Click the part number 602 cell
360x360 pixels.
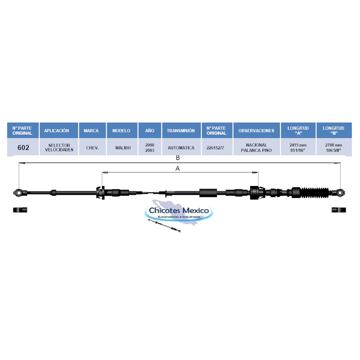pos(23,147)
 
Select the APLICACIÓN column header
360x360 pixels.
pos(57,130)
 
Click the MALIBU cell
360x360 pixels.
pos(123,148)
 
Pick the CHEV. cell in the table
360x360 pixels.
pos(92,148)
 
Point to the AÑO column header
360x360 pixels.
pos(150,130)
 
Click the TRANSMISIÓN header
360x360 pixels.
pos(181,130)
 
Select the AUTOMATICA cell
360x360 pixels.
pos(181,148)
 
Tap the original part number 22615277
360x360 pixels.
pos(215,148)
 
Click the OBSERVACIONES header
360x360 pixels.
pos(256,130)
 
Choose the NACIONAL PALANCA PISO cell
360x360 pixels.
pos(256,148)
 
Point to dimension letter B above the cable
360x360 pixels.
pos(178,158)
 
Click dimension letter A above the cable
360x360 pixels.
pos(178,168)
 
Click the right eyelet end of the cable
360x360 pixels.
pos(340,193)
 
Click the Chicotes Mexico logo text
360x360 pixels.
pos(179,210)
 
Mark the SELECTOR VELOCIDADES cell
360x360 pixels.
pos(59,147)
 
